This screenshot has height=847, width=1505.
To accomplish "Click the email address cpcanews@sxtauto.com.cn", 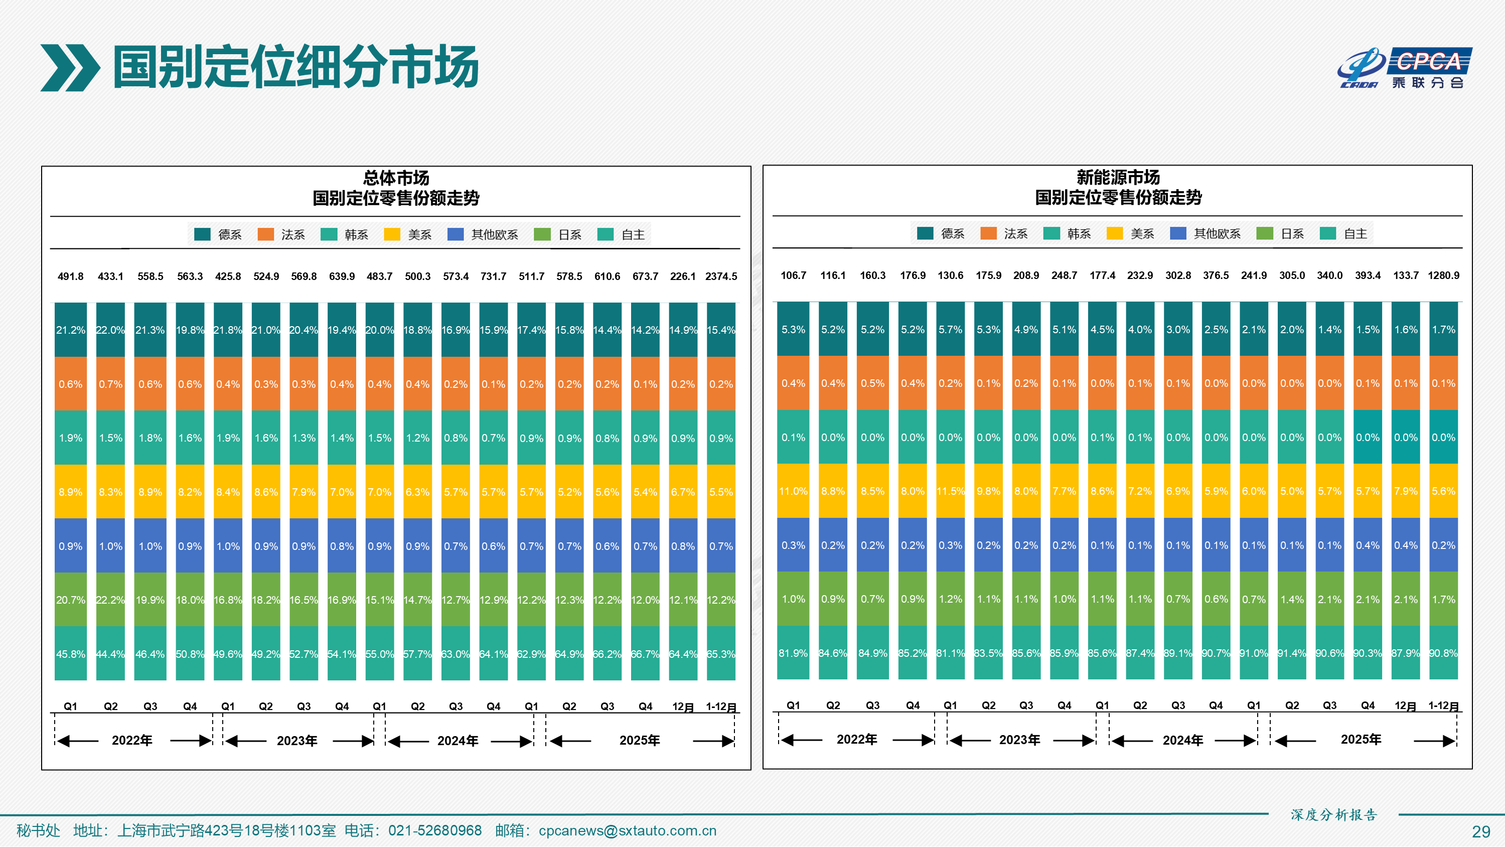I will tap(627, 830).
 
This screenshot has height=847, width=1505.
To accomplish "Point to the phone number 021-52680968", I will tap(434, 830).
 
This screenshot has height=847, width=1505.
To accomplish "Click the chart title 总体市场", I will tap(396, 178).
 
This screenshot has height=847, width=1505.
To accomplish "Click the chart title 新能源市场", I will tap(1118, 177).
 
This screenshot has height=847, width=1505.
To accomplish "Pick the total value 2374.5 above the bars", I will tap(721, 276).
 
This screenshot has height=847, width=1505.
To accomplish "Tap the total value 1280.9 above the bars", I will tap(1443, 275).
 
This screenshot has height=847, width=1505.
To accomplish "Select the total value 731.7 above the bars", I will tap(493, 276).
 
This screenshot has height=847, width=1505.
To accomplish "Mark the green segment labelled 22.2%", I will tap(110, 600).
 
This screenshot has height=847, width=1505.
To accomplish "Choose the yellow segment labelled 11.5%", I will tap(951, 491).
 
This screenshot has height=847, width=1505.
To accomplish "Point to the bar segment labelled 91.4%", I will tap(1292, 653).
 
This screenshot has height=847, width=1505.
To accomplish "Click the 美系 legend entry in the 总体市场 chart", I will tap(408, 234).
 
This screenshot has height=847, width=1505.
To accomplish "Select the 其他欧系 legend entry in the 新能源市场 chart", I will tap(1206, 234).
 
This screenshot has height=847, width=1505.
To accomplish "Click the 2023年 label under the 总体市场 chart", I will tap(297, 741).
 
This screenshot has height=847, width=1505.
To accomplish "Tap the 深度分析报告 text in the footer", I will tap(1334, 814).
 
